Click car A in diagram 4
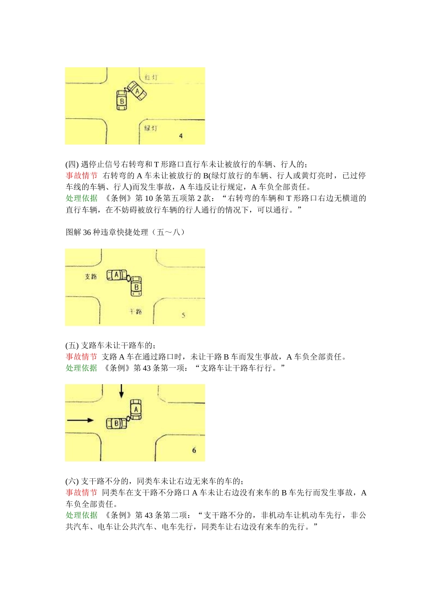click(137, 91)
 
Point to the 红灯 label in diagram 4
click(151, 77)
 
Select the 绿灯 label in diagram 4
click(151, 128)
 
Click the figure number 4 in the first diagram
click(181, 135)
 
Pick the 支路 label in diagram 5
click(91, 276)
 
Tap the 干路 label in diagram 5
click(136, 311)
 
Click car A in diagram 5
click(116, 275)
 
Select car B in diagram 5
click(136, 286)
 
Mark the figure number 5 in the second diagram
click(183, 315)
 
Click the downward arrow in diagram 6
click(121, 391)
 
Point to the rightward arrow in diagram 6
click(80, 420)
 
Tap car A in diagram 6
click(136, 409)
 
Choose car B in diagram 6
click(116, 423)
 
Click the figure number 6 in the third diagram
click(194, 450)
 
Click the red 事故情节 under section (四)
click(81, 175)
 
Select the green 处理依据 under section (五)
click(81, 368)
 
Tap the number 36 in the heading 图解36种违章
click(87, 232)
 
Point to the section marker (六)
click(72, 481)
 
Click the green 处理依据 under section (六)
click(81, 515)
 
